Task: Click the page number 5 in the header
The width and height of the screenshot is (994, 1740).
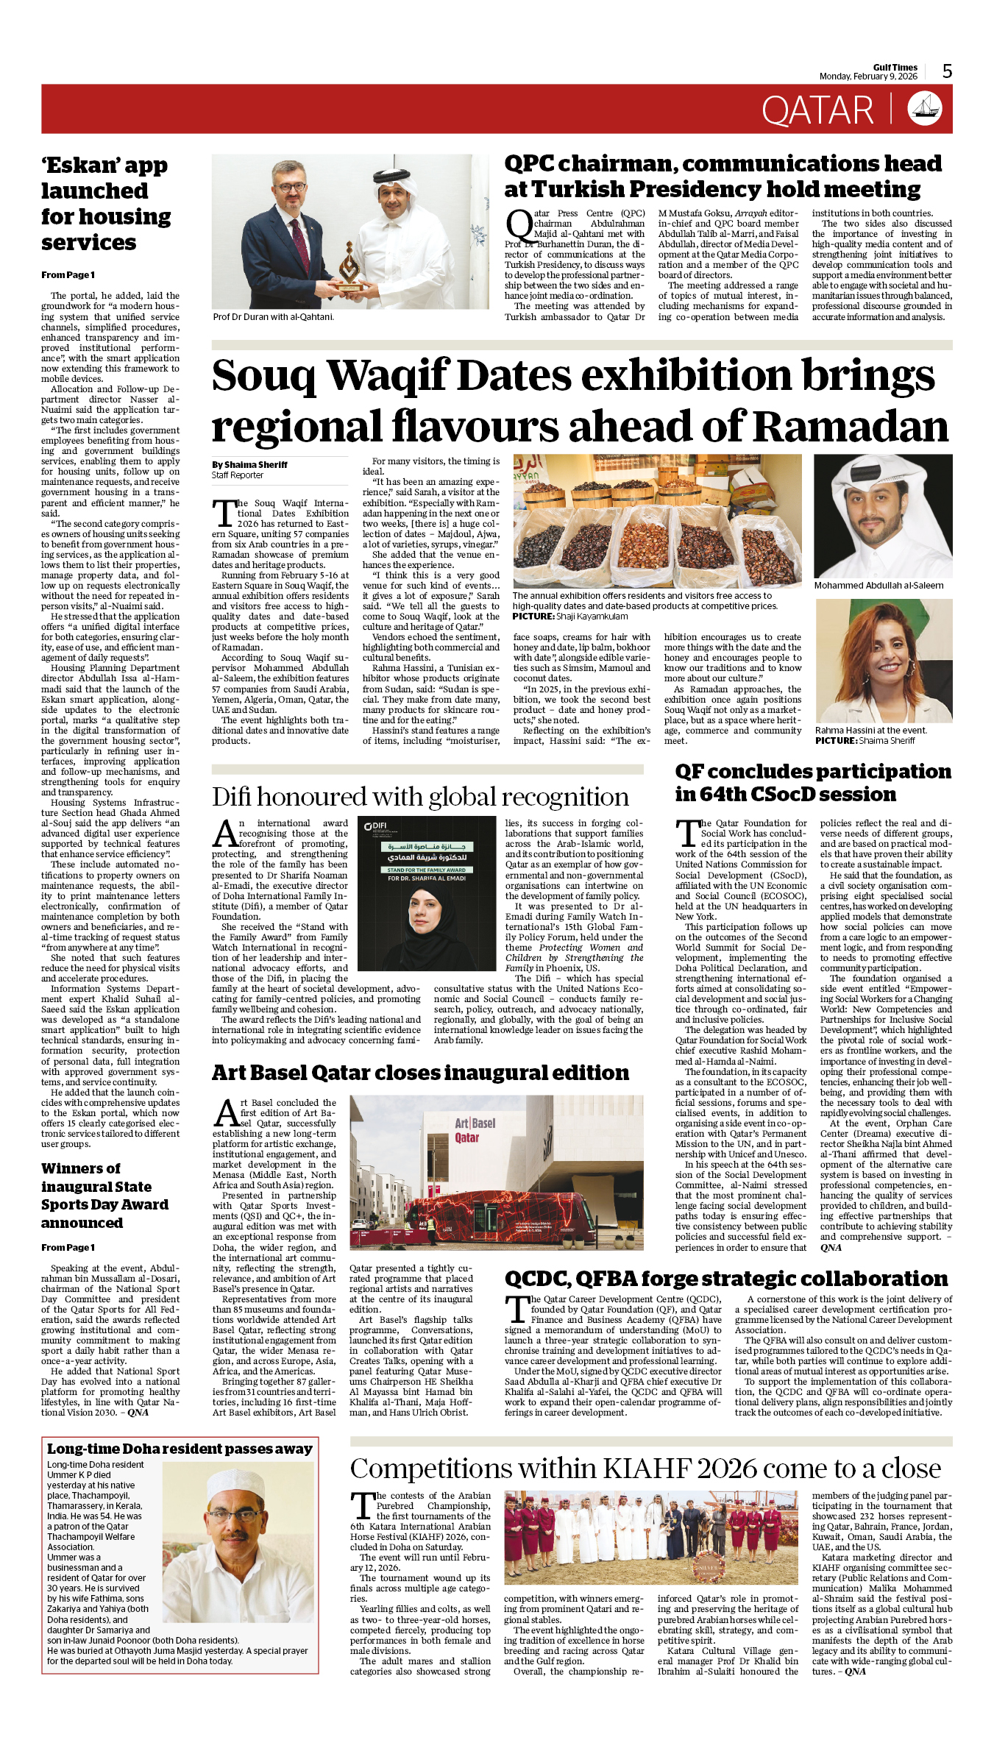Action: pos(947,71)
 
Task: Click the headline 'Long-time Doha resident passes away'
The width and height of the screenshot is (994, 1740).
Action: pos(180,1449)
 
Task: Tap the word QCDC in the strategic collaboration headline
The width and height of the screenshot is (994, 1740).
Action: pos(536,1279)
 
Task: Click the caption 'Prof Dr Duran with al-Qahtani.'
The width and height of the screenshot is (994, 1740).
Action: pos(273,317)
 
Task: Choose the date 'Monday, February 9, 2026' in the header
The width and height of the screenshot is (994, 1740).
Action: pos(868,77)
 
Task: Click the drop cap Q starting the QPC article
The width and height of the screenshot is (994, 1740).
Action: pos(518,224)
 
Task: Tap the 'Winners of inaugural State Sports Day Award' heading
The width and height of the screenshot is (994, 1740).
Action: pos(104,1196)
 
